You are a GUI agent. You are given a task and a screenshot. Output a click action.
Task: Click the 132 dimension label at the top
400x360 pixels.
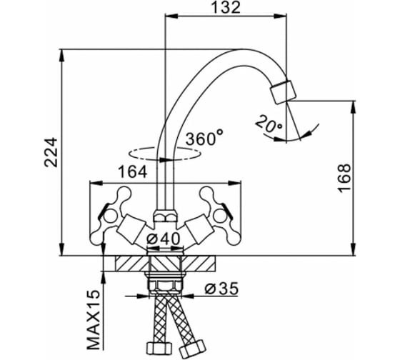[226, 7]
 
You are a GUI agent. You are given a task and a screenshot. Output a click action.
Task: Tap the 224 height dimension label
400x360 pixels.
[51, 152]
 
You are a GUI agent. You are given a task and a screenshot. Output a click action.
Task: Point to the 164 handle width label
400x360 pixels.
[133, 172]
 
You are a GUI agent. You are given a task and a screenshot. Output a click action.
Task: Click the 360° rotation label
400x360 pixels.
[204, 138]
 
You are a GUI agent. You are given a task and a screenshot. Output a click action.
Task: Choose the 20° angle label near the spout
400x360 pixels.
[269, 124]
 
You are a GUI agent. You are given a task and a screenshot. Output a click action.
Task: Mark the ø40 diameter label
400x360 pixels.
[164, 239]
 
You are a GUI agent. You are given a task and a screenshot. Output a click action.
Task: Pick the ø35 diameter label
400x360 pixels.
[221, 289]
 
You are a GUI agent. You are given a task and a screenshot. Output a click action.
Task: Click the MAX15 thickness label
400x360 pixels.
[94, 320]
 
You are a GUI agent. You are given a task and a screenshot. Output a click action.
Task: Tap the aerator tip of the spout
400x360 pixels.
[283, 92]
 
